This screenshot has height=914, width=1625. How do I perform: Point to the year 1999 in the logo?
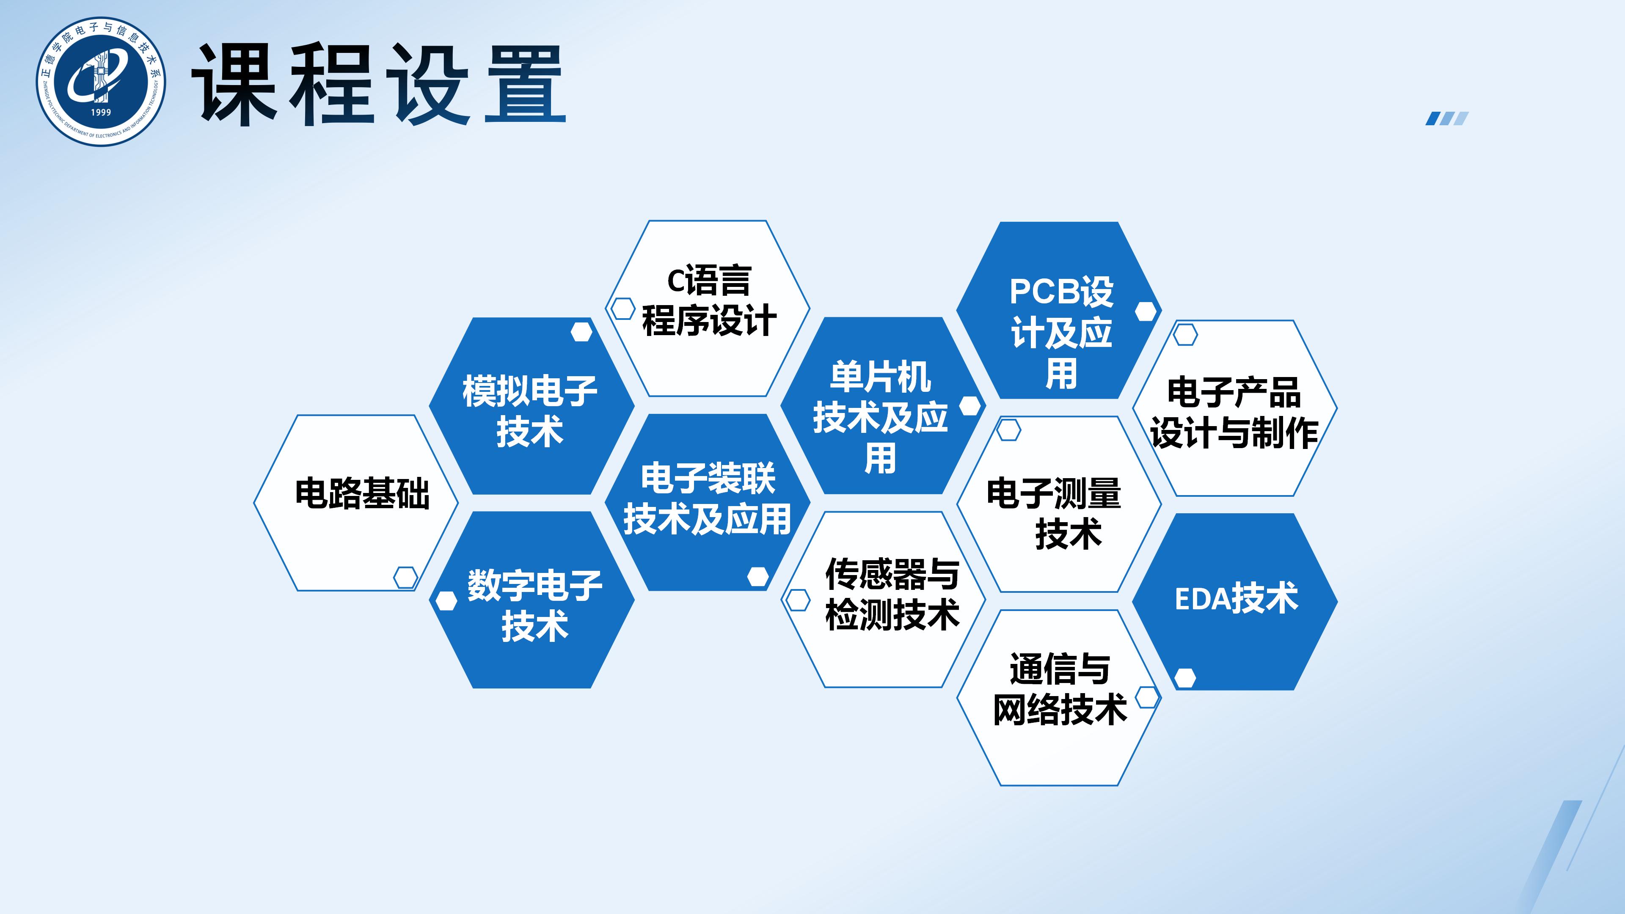point(101,112)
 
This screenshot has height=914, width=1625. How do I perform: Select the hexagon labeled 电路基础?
point(356,503)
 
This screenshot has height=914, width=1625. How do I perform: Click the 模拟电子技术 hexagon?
point(531,406)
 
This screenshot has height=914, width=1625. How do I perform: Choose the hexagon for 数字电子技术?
point(531,599)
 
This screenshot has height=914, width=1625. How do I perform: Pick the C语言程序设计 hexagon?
point(707,308)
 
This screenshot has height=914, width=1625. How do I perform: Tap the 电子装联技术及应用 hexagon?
point(707,502)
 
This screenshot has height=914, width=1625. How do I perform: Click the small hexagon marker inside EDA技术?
point(1185,678)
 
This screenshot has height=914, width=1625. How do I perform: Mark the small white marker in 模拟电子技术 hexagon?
point(581,332)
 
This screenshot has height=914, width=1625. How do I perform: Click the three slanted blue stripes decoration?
point(1447,118)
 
